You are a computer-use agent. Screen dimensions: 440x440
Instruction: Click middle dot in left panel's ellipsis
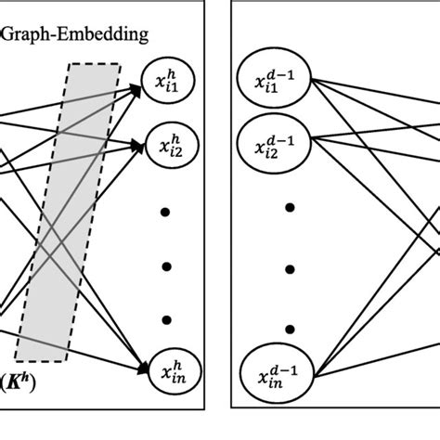[167, 266]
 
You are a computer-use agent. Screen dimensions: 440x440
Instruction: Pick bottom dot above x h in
[167, 319]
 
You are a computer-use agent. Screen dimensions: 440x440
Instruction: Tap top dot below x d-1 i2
[291, 207]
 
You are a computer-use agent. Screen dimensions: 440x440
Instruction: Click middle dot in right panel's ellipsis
[291, 268]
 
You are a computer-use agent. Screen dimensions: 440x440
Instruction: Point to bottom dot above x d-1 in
[291, 329]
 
